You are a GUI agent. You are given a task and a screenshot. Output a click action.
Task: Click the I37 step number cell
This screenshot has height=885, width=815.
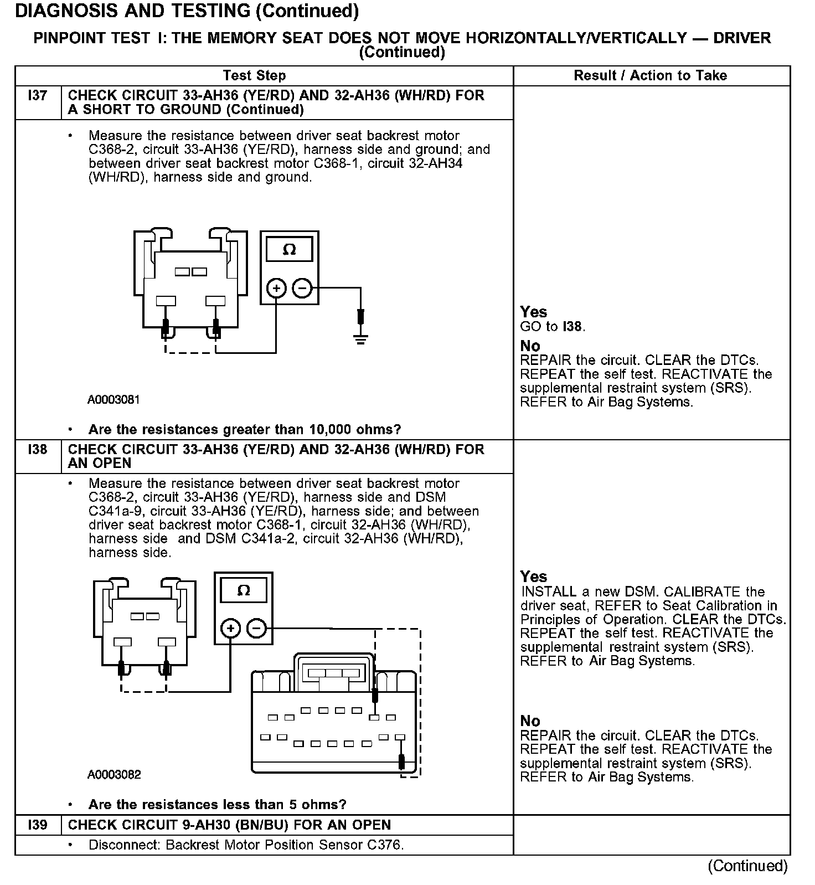click(x=38, y=96)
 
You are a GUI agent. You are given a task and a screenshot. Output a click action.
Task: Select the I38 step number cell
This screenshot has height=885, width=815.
click(x=38, y=449)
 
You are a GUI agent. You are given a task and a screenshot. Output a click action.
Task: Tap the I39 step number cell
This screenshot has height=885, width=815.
click(x=38, y=825)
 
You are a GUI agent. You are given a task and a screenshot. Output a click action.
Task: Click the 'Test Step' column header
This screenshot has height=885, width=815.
click(x=254, y=76)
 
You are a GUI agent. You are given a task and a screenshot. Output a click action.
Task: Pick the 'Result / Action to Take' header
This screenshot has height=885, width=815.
click(x=651, y=76)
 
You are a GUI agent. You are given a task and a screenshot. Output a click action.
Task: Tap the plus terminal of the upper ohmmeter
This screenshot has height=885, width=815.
click(x=276, y=289)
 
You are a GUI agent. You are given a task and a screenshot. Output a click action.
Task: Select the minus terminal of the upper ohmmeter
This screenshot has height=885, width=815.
click(x=302, y=289)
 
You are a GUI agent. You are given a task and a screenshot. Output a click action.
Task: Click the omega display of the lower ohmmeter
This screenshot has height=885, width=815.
click(x=244, y=590)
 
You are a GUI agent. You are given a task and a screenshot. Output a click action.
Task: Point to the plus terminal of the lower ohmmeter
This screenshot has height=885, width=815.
click(x=230, y=629)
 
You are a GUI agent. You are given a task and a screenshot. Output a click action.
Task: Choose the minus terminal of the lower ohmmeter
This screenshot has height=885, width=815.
click(x=256, y=629)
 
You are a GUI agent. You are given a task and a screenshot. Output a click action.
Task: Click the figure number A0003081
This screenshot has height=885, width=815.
click(x=114, y=400)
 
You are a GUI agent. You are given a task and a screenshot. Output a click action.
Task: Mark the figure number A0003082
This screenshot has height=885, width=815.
click(x=114, y=774)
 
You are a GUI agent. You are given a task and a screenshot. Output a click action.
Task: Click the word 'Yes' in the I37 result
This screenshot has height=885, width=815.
click(x=533, y=312)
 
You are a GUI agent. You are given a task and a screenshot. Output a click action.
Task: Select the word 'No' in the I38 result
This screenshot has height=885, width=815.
click(x=530, y=721)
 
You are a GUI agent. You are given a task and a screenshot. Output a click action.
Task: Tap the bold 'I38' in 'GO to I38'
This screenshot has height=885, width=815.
click(x=572, y=327)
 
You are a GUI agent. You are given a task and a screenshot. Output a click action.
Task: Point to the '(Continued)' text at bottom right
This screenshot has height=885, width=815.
click(x=747, y=866)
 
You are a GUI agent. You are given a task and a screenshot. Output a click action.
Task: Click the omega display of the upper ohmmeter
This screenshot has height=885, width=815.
click(x=289, y=250)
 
